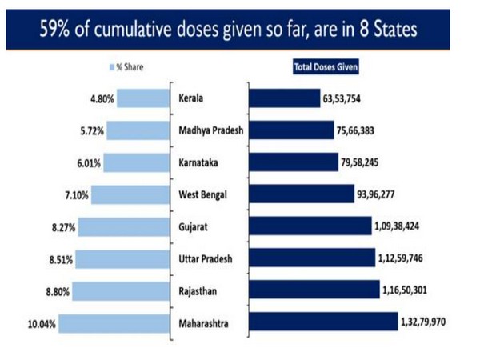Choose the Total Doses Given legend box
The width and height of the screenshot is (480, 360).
coord(325,67)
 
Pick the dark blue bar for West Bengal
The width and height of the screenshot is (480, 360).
coord(301,194)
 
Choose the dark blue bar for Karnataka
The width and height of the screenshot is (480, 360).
coord(293,162)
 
